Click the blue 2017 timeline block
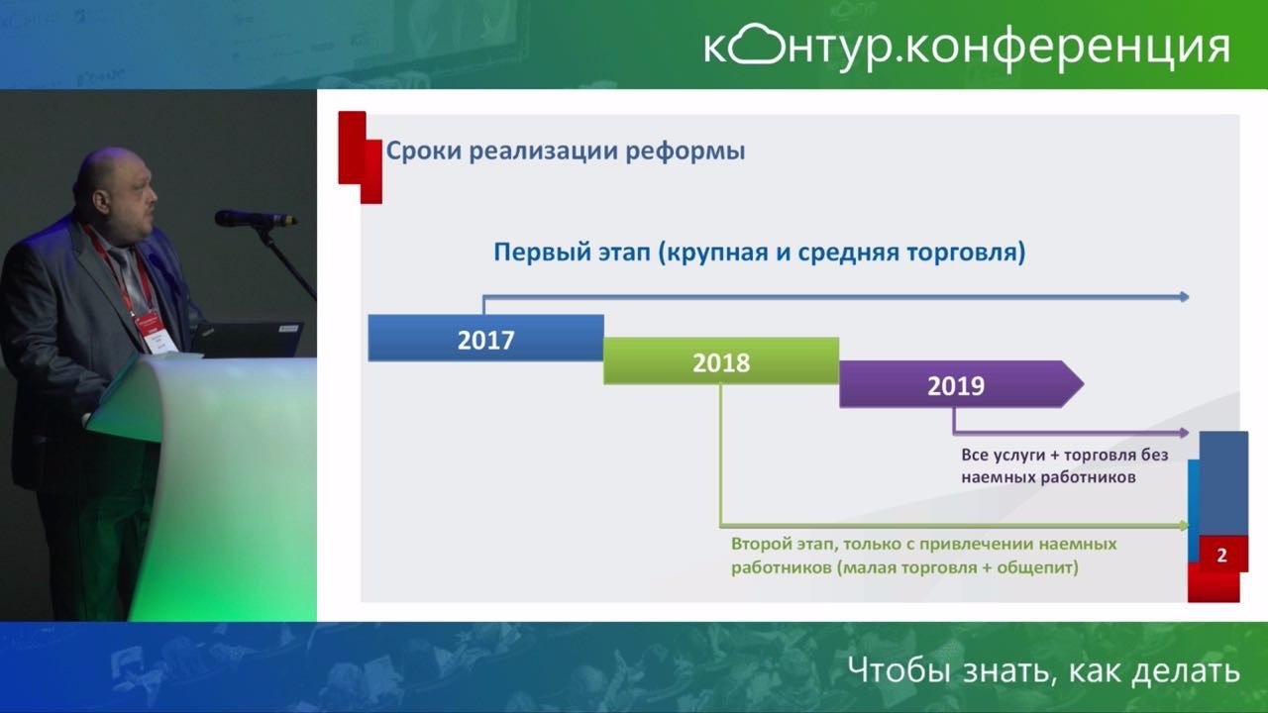pyautogui.click(x=485, y=339)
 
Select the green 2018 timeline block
pyautogui.click(x=721, y=361)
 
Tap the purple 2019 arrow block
pyautogui.click(x=961, y=384)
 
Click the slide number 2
pyautogui.click(x=1221, y=556)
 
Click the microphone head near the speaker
pyautogui.click(x=238, y=218)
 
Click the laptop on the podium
pyautogui.click(x=248, y=340)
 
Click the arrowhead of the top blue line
pyautogui.click(x=1184, y=296)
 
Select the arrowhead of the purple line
pyautogui.click(x=1184, y=433)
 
